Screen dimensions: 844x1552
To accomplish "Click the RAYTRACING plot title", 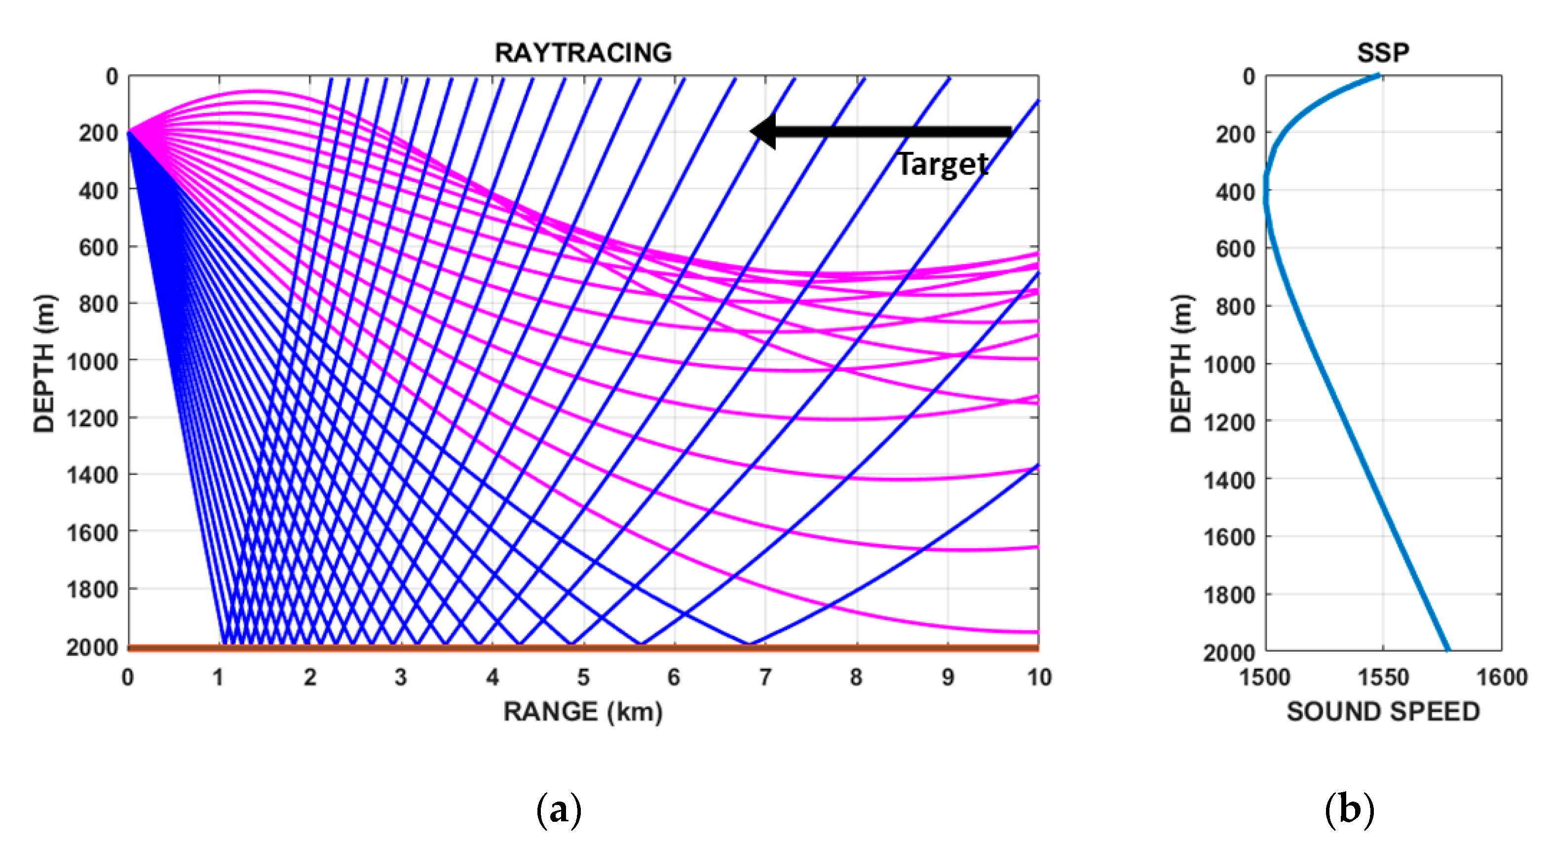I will pyautogui.click(x=583, y=53).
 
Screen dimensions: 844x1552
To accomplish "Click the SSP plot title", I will pyautogui.click(x=1383, y=53).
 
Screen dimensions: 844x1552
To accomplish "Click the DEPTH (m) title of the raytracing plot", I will pyautogui.click(x=44, y=363).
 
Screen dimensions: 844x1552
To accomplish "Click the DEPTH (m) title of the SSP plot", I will pyautogui.click(x=1181, y=363).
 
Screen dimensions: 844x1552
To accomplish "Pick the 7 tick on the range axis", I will pyautogui.click(x=765, y=678).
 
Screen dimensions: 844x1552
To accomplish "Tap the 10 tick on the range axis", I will pyautogui.click(x=1039, y=678).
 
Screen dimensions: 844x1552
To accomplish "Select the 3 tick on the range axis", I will pyautogui.click(x=401, y=678).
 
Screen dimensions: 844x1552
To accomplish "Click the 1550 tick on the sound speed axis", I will pyautogui.click(x=1383, y=678).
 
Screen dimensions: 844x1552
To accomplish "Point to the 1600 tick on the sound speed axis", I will pyautogui.click(x=1501, y=678).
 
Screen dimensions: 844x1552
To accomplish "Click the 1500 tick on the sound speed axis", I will pyautogui.click(x=1265, y=678).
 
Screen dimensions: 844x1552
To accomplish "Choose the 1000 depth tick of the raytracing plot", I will pyautogui.click(x=92, y=362).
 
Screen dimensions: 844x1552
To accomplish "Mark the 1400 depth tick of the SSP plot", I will pyautogui.click(x=1229, y=480).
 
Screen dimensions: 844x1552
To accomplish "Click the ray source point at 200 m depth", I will pyautogui.click(x=129, y=131).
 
